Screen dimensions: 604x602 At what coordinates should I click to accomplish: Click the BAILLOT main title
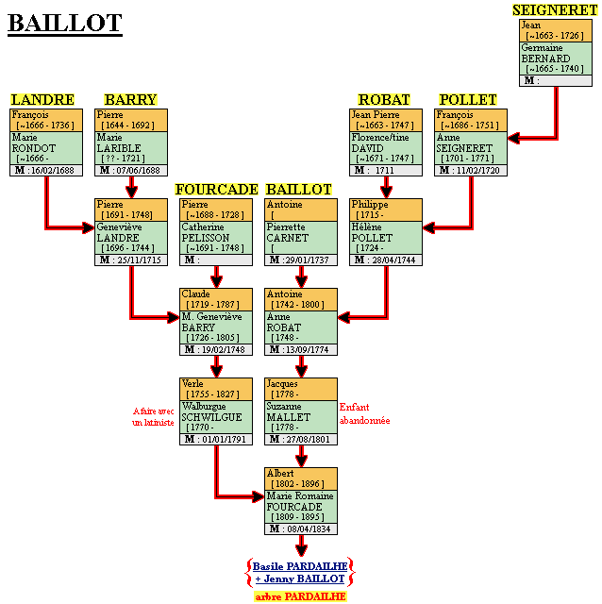pyautogui.click(x=65, y=23)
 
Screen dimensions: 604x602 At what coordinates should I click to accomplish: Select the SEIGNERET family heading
pyautogui.click(x=554, y=9)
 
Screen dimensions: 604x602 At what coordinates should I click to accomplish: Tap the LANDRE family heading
pyautogui.click(x=42, y=99)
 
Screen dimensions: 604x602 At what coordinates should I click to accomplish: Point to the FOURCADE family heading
pyautogui.click(x=216, y=190)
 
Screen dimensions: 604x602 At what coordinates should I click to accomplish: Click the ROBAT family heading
pyautogui.click(x=384, y=99)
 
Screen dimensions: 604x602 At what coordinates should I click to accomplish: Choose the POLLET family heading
pyautogui.click(x=468, y=99)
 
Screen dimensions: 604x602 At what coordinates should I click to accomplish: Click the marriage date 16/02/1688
pyautogui.click(x=52, y=171)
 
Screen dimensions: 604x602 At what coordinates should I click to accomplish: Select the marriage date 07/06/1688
pyautogui.click(x=137, y=171)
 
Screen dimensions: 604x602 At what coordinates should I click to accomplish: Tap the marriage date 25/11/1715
pyautogui.click(x=137, y=260)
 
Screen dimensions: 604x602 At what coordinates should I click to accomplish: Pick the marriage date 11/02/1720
pyautogui.click(x=477, y=171)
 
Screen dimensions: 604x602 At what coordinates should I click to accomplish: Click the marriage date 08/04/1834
pyautogui.click(x=307, y=529)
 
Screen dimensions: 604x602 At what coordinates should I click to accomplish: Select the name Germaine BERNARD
pyautogui.click(x=546, y=53)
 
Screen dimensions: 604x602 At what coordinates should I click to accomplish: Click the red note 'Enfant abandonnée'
pyautogui.click(x=364, y=414)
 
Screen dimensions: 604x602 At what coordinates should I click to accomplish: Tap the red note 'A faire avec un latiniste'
pyautogui.click(x=153, y=418)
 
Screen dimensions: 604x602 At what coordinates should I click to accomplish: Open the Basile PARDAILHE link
pyautogui.click(x=301, y=565)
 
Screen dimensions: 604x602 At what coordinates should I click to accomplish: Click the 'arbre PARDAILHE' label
pyautogui.click(x=301, y=596)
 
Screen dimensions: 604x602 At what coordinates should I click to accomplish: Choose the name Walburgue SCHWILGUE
pyautogui.click(x=211, y=411)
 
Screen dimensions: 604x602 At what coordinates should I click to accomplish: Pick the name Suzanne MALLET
pyautogui.click(x=288, y=411)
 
